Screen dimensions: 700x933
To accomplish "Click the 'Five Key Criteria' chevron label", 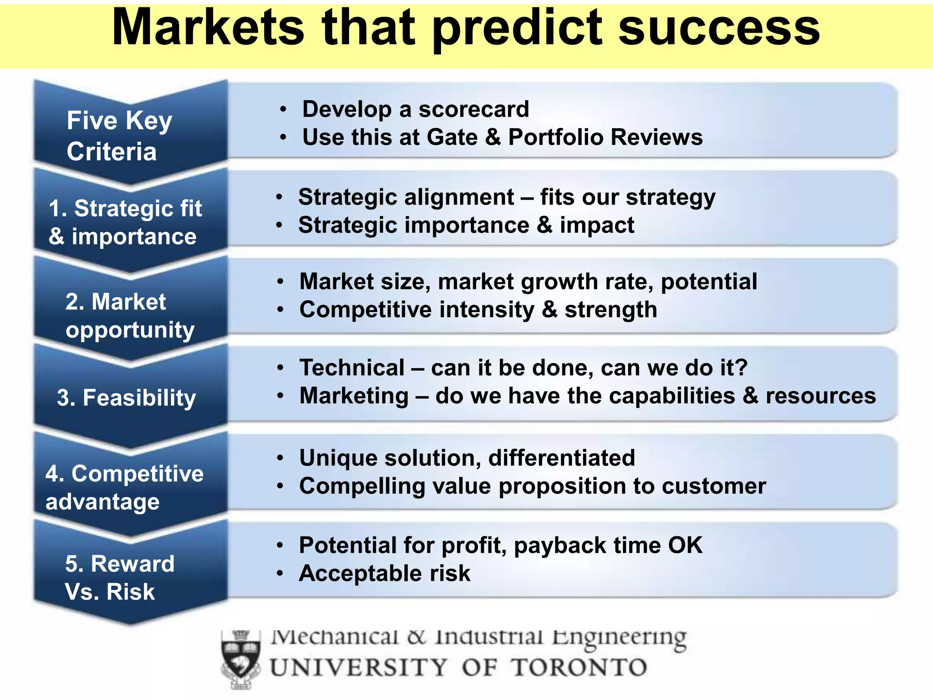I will click(x=119, y=135).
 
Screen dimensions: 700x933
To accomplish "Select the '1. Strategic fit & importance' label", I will click(x=125, y=222).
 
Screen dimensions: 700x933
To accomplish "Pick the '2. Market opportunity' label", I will click(x=129, y=315).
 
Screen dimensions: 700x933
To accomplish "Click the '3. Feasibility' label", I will click(x=126, y=397).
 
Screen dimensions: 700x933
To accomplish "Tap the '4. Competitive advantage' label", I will click(x=124, y=487).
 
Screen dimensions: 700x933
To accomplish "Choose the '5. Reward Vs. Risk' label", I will click(x=119, y=577).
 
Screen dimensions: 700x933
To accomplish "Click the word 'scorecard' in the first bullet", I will click(x=473, y=109).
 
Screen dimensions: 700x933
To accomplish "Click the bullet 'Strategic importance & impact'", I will click(x=466, y=225).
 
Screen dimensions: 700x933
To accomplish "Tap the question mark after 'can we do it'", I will click(x=742, y=367).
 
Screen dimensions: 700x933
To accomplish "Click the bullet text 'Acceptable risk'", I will click(x=384, y=573).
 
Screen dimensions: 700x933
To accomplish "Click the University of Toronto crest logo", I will click(x=241, y=659).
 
